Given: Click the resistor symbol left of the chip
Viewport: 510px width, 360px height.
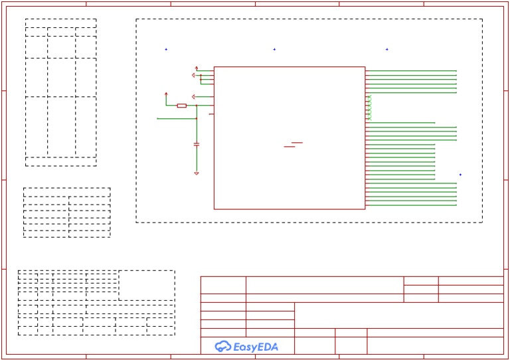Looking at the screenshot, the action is (x=181, y=106).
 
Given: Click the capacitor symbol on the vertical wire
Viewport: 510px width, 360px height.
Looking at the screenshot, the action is (x=196, y=143).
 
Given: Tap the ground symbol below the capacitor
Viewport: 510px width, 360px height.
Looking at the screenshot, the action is (x=196, y=173).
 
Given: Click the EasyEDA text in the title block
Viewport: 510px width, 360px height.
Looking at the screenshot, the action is (x=256, y=347).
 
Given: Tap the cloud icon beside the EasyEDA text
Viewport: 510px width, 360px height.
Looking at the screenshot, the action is (x=222, y=346).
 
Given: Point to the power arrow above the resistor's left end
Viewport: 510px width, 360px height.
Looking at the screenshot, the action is (x=166, y=94).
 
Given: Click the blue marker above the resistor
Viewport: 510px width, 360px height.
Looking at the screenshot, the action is (x=166, y=49).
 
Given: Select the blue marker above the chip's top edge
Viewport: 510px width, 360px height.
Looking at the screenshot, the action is (x=274, y=49).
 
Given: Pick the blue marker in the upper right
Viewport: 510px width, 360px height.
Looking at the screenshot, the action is (x=387, y=49).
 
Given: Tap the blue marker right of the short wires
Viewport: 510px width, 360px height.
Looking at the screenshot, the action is (x=460, y=175).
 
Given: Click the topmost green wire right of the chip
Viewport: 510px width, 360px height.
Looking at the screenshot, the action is (x=411, y=70).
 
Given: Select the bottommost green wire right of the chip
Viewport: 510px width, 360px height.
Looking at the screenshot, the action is (x=411, y=205).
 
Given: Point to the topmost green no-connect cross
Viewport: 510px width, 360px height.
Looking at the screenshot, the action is (x=369, y=97).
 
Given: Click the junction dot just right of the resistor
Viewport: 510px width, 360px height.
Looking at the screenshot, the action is (x=196, y=106).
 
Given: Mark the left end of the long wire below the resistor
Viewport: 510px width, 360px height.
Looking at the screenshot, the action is (x=158, y=118).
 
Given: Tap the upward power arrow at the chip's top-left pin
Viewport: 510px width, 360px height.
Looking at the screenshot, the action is (x=197, y=68).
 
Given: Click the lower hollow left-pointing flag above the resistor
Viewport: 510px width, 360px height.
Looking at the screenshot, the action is (x=193, y=97).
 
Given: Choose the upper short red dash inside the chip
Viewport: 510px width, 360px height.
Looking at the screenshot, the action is (x=297, y=142).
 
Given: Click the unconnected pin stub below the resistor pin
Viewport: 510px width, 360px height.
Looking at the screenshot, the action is (x=211, y=114).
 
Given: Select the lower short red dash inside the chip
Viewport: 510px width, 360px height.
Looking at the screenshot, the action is (x=290, y=147).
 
